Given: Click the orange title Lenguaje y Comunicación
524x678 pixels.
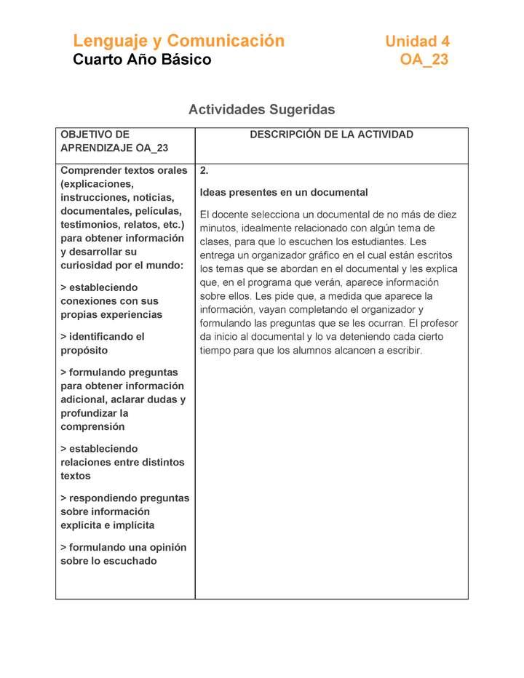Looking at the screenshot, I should click(x=178, y=41).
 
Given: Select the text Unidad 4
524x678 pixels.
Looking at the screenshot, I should click(x=417, y=41).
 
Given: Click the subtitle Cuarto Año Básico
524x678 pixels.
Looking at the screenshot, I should click(x=142, y=60).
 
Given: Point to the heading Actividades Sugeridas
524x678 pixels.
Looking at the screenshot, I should click(x=261, y=110).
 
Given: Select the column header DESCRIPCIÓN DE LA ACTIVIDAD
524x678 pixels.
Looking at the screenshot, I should click(x=331, y=135).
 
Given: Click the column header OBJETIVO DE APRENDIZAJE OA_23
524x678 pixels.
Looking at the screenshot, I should click(x=114, y=141).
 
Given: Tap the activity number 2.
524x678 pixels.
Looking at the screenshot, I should click(x=205, y=171).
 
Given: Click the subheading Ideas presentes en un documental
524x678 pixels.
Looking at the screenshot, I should click(x=284, y=193).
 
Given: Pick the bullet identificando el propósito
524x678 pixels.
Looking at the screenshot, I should click(x=102, y=343).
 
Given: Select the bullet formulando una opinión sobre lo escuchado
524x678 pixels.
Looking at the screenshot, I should click(x=123, y=554).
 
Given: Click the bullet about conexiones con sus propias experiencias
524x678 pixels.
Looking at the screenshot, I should click(x=111, y=301).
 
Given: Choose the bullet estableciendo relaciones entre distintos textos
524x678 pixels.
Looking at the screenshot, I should click(x=122, y=462).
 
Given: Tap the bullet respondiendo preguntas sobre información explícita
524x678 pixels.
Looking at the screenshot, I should click(x=124, y=511).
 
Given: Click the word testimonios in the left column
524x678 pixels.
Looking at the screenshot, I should click(x=89, y=225).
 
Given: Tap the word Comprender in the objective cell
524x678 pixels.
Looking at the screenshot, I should click(x=91, y=171).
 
